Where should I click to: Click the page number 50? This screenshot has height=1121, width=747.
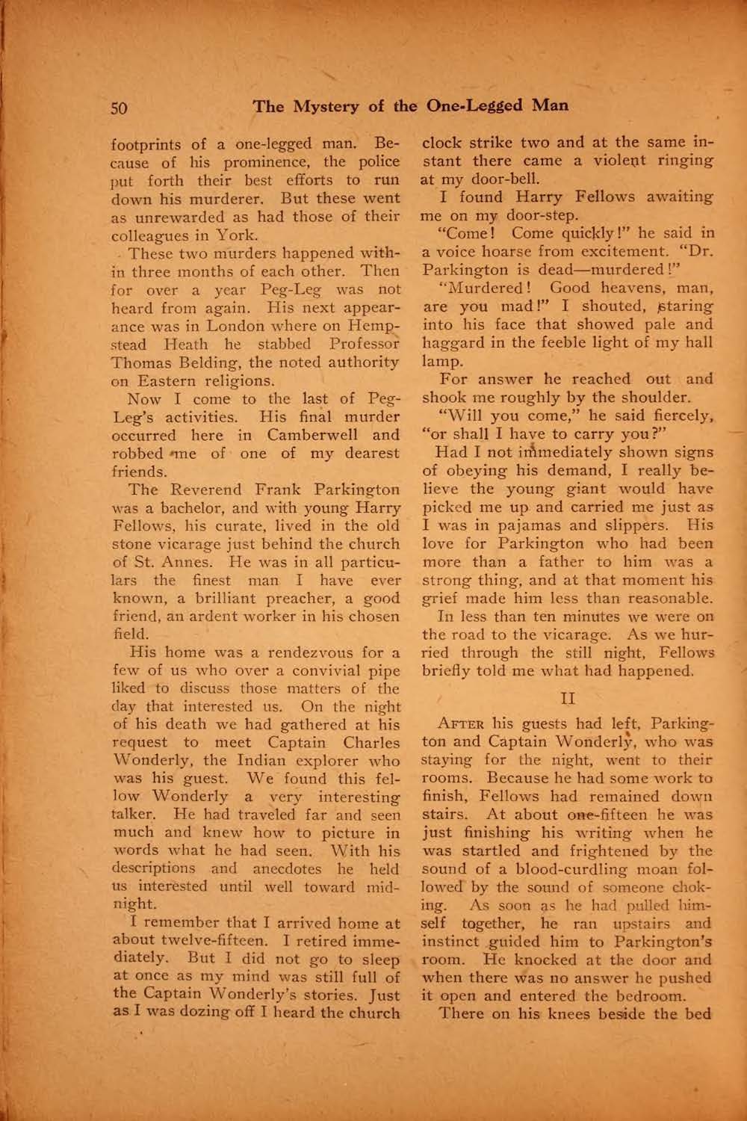click(x=120, y=108)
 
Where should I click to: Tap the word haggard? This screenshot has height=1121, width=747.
click(x=452, y=342)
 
